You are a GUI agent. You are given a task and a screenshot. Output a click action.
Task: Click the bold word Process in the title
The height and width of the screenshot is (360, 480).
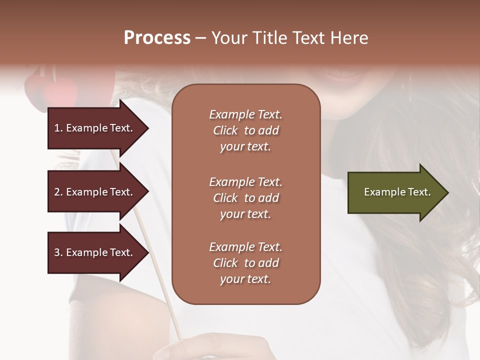(157, 38)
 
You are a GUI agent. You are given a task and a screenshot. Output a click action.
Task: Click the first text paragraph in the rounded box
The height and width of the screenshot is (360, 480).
(245, 130)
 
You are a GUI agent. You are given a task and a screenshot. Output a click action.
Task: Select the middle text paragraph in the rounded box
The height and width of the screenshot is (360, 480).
(245, 198)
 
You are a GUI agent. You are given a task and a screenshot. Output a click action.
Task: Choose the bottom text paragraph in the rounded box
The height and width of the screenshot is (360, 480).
(245, 263)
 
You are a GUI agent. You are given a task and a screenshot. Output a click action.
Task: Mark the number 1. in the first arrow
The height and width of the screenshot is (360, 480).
(58, 128)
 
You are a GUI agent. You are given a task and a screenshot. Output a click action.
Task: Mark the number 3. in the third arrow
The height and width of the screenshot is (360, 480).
(58, 252)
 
